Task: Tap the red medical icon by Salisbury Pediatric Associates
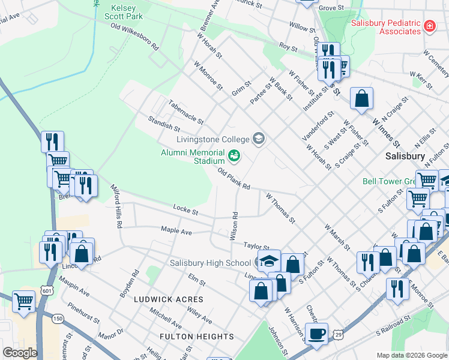pos(429,26)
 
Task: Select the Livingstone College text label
pos(212,139)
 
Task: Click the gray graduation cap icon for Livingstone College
pos(259,139)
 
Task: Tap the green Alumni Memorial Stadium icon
pos(234,157)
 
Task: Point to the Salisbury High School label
pos(210,263)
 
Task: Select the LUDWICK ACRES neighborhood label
pos(169,299)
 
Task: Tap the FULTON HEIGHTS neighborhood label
pos(197,337)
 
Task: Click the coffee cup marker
pos(316,333)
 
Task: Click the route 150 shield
pos(58,318)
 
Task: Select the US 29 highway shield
pos(339,334)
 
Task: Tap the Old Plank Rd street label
pos(234,178)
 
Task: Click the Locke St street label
pos(185,210)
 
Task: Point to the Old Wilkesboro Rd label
pos(134,37)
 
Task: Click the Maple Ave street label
pos(176,230)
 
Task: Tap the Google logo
pos(20,353)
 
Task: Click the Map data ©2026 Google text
pos(411,355)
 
